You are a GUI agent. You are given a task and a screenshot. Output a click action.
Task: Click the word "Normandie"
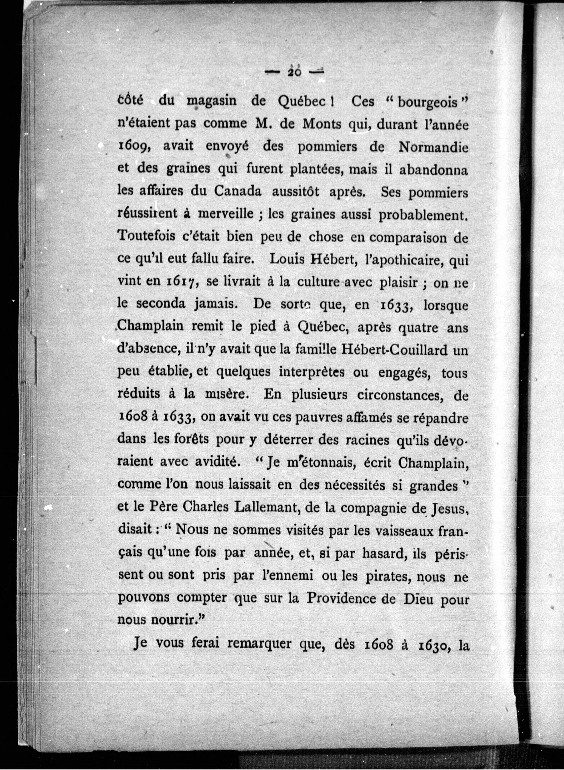pos(433,147)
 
